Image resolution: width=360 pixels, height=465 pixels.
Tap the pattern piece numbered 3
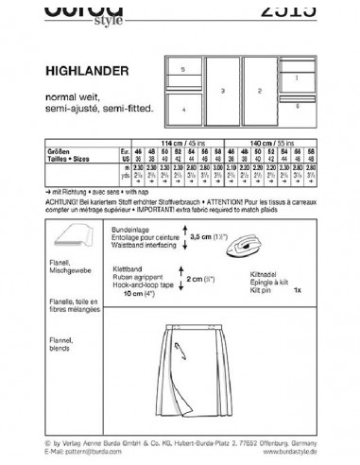click(x=223, y=92)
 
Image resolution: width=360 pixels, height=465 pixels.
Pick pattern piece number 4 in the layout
click(x=183, y=110)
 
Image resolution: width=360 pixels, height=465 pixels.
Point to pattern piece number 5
click(x=183, y=70)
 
